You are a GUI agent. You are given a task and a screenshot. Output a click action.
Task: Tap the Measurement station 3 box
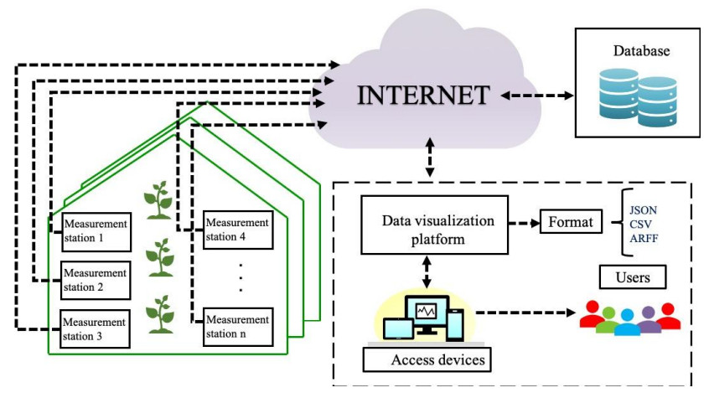[96, 328]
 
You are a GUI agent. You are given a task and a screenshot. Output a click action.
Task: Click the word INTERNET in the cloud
[423, 95]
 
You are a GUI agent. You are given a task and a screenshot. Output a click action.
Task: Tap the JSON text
[644, 209]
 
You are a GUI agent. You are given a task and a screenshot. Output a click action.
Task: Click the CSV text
[641, 225]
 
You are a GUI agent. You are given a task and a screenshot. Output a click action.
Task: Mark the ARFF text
[643, 240]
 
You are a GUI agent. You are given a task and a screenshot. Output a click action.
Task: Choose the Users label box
[634, 277]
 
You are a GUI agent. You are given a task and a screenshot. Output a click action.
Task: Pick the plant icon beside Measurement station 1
[160, 201]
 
